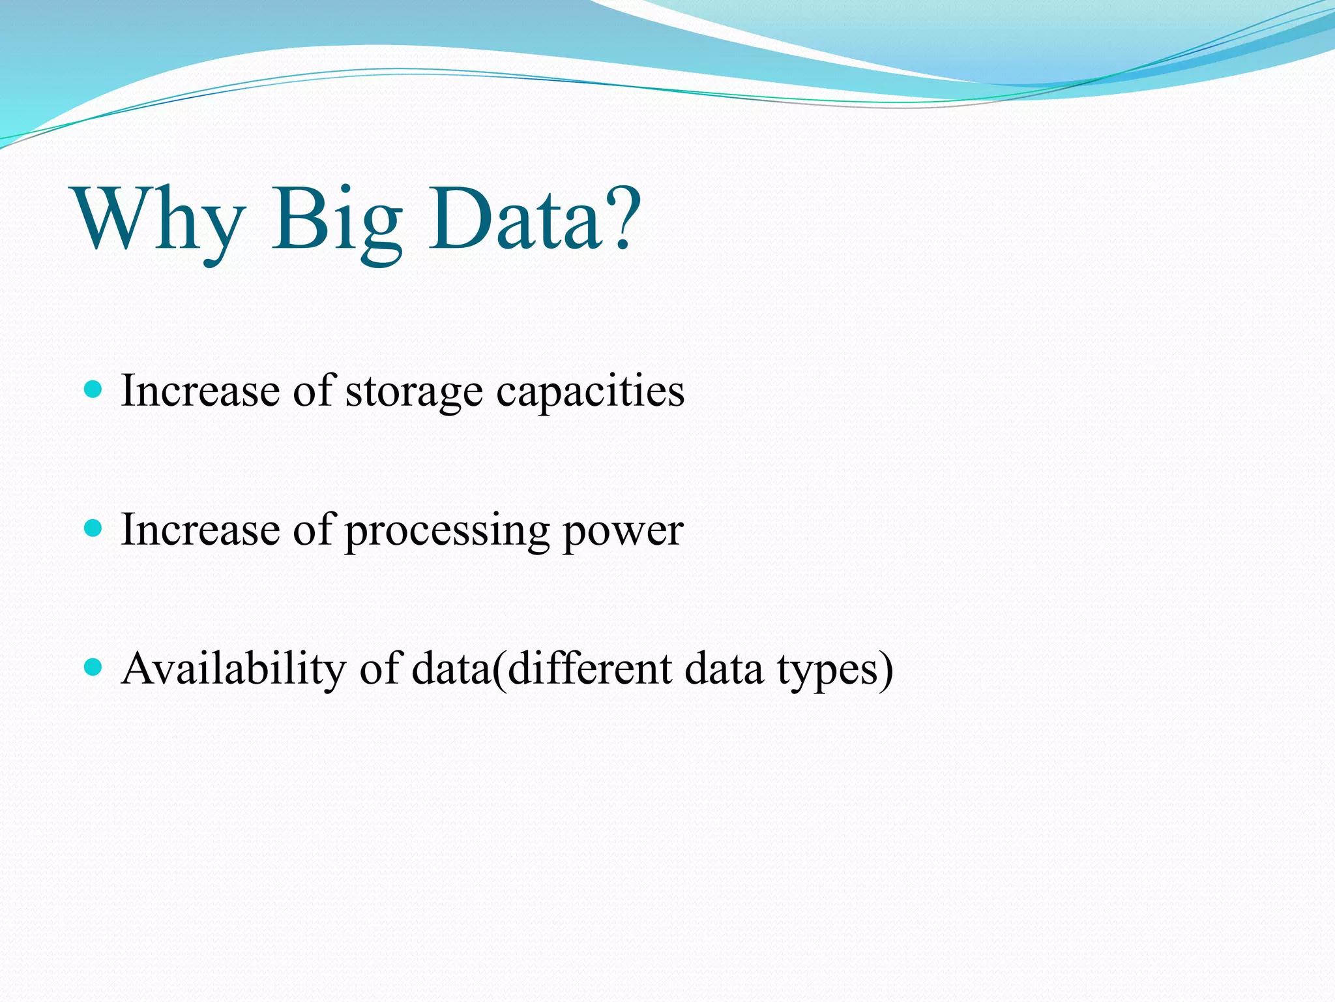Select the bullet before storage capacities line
(x=95, y=390)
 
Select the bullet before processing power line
(x=95, y=528)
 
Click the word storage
(x=413, y=393)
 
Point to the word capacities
(x=590, y=393)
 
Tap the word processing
(x=447, y=532)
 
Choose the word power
(x=623, y=532)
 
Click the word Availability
(x=233, y=669)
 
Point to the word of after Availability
(x=381, y=669)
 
